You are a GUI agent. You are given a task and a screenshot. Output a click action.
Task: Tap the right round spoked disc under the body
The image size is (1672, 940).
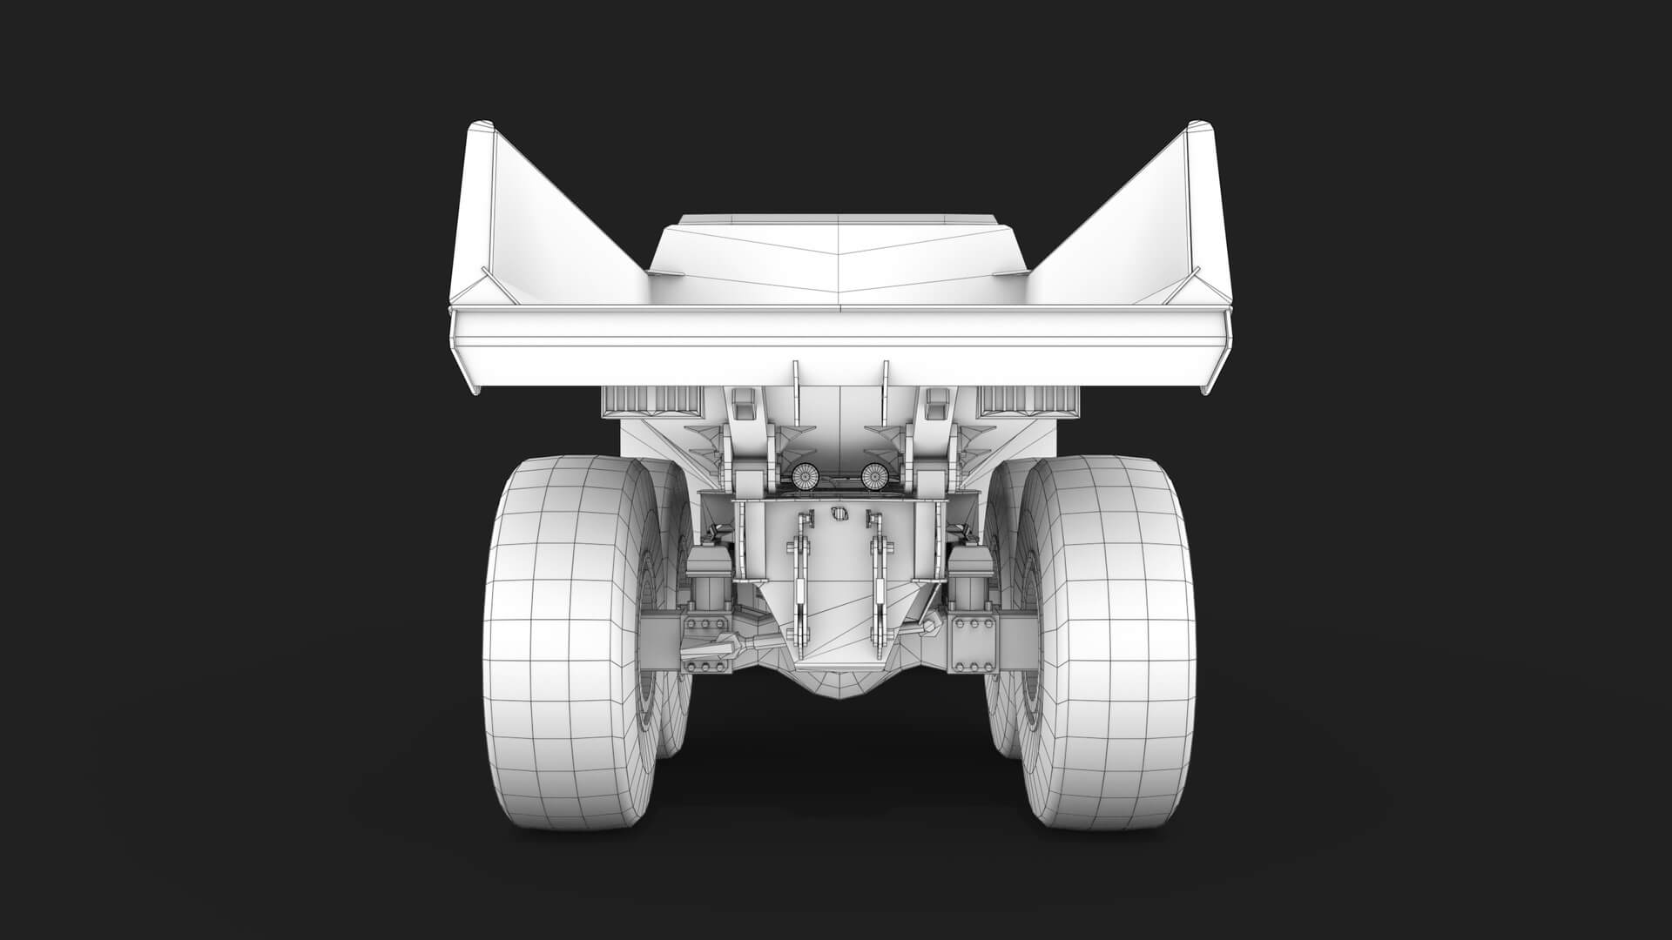(873, 475)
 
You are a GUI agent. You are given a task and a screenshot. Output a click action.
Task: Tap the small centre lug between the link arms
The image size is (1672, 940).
(839, 514)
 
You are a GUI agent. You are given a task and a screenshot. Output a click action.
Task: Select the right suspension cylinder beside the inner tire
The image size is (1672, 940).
(968, 579)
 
